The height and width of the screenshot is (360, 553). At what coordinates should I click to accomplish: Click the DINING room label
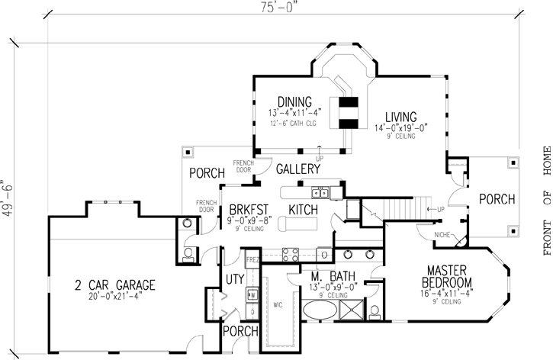(x=294, y=101)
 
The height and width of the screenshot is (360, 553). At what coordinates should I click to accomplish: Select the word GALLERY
(x=297, y=169)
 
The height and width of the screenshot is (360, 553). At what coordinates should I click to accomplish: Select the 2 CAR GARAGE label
(x=115, y=264)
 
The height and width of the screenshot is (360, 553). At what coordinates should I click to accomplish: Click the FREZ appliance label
(x=252, y=261)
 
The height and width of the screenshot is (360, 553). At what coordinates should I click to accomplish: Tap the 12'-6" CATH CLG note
(x=295, y=123)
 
